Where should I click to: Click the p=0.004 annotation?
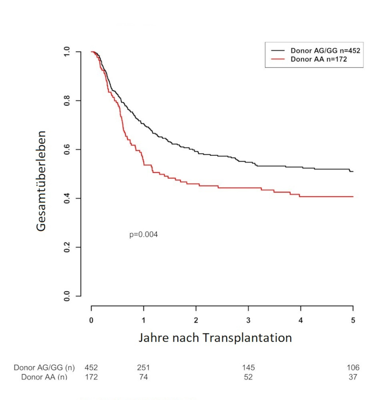click(x=143, y=235)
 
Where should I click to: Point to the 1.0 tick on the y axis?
click(x=67, y=52)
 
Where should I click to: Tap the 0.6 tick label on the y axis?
click(x=67, y=149)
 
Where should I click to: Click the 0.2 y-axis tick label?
click(x=67, y=247)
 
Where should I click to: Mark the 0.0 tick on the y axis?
click(x=67, y=296)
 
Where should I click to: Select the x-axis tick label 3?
click(x=248, y=320)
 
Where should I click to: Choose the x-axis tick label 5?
click(x=353, y=320)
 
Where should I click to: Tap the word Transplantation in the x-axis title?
click(x=247, y=337)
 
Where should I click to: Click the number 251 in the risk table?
click(x=143, y=368)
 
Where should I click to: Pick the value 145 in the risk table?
click(x=248, y=368)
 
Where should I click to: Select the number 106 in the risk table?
click(x=353, y=368)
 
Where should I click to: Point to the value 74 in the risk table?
click(x=143, y=377)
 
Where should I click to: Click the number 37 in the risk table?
click(x=353, y=377)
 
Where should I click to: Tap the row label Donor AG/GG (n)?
click(x=44, y=368)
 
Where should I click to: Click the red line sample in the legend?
click(x=278, y=59)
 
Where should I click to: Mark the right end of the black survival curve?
click(x=353, y=171)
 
